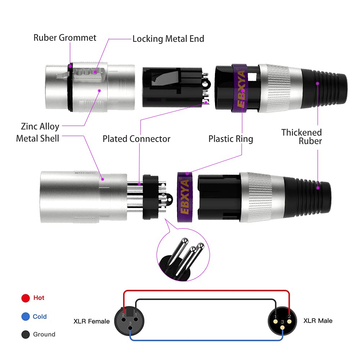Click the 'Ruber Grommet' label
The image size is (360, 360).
pyautogui.click(x=65, y=37)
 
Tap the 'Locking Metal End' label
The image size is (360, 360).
pyautogui.click(x=168, y=39)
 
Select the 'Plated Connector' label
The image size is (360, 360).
pyautogui.click(x=136, y=139)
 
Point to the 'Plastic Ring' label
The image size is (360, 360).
pyautogui.click(x=231, y=139)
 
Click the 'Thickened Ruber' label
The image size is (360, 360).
pyautogui.click(x=302, y=136)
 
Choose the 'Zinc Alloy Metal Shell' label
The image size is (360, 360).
pyautogui.click(x=38, y=132)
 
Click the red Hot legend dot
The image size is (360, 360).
pyautogui.click(x=25, y=298)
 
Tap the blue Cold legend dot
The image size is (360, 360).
pyautogui.click(x=25, y=317)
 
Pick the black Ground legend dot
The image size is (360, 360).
pyautogui.click(x=25, y=334)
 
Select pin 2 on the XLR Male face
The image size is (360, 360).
pyautogui.click(x=289, y=316)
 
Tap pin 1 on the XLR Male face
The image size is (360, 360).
pyautogui.click(x=275, y=316)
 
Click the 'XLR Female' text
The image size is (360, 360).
pyautogui.click(x=91, y=321)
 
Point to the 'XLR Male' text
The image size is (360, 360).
pyautogui.click(x=318, y=320)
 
